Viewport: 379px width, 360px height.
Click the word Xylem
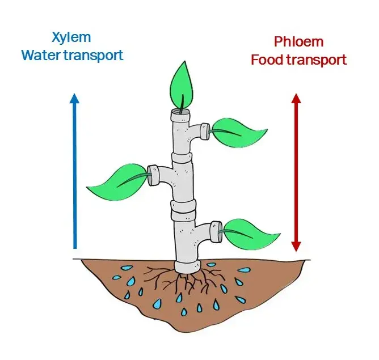tap(71, 38)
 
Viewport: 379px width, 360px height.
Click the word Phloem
tap(298, 42)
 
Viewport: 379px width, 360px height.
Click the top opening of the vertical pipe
tap(182, 112)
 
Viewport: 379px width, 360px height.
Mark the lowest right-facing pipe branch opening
tap(215, 230)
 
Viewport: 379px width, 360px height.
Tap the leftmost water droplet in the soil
tap(117, 277)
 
